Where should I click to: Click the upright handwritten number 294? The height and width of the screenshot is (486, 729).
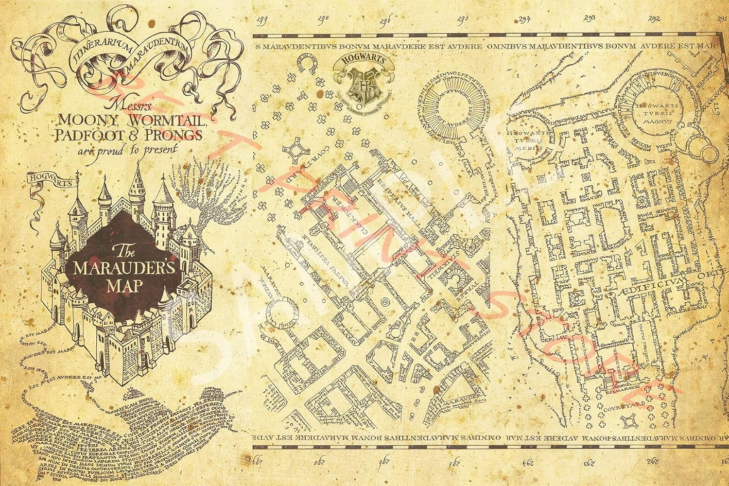[523, 19]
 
